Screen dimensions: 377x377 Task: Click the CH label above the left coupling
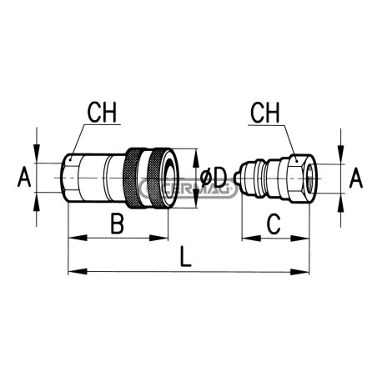tap(102, 113)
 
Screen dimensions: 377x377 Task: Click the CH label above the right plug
tap(265, 113)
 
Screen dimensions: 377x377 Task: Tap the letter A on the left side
tap(24, 178)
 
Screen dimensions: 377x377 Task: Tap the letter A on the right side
tap(356, 178)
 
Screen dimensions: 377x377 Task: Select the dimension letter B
tap(117, 224)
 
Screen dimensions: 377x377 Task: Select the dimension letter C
tap(274, 224)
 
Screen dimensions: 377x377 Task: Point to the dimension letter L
tap(185, 256)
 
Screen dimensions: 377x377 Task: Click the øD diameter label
tap(214, 178)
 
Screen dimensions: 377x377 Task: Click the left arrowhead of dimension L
tap(78, 272)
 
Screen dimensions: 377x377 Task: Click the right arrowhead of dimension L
tap(299, 272)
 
